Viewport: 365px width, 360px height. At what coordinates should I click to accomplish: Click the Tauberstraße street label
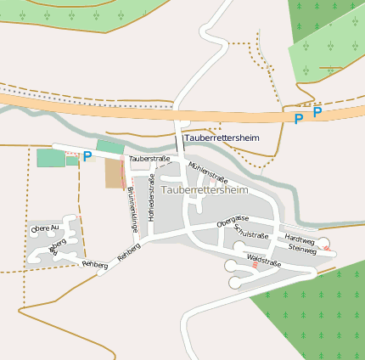tap(149, 159)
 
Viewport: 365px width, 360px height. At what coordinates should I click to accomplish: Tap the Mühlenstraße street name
tap(208, 172)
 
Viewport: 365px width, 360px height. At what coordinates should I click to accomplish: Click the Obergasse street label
tap(232, 221)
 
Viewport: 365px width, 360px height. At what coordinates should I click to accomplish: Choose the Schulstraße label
tap(251, 233)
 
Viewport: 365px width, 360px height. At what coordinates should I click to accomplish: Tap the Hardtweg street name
tap(300, 240)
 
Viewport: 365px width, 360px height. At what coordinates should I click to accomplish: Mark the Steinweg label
tap(302, 250)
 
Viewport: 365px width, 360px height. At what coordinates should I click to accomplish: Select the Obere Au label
tap(45, 228)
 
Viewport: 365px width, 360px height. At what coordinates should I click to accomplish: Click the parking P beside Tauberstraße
tap(87, 156)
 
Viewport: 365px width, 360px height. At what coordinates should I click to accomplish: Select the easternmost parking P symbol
tap(317, 111)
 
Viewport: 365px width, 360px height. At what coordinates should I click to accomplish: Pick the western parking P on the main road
tap(298, 119)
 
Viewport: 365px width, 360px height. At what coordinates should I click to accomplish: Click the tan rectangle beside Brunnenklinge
tap(114, 173)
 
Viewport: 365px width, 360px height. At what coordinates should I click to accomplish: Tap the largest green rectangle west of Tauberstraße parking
tap(50, 158)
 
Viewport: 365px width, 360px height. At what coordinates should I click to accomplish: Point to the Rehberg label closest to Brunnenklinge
tap(128, 252)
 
